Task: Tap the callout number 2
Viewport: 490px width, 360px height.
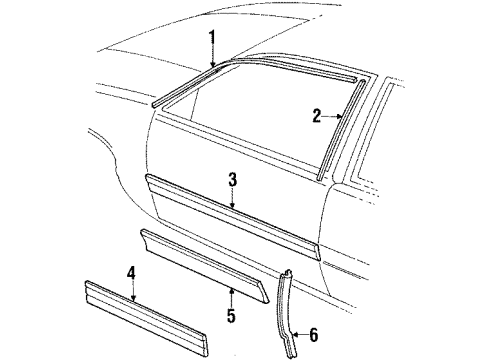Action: [x=315, y=116]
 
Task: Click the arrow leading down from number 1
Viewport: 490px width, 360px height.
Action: [x=214, y=57]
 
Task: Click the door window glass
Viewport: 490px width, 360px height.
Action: [x=260, y=120]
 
